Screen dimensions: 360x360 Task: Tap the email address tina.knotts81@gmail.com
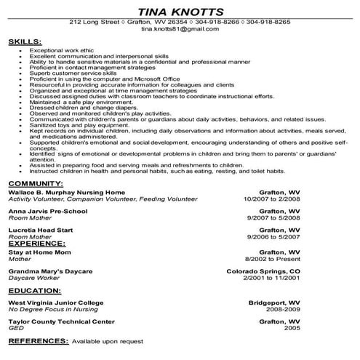[180, 31]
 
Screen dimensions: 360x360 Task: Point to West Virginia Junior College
[56, 301]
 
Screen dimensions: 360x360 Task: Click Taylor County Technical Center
[61, 320]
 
